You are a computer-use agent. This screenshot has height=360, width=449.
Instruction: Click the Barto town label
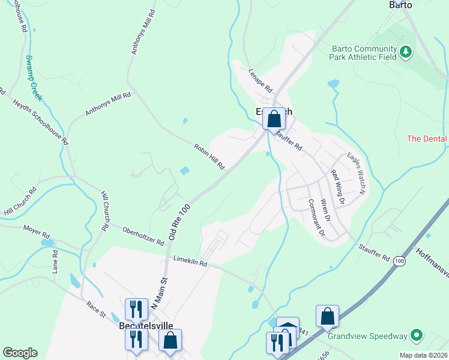coord(400,4)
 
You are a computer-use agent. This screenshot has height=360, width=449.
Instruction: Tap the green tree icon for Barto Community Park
coord(406,53)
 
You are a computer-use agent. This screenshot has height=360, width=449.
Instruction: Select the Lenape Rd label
coord(261,78)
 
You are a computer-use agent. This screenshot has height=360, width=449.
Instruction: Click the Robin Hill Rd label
coord(209,156)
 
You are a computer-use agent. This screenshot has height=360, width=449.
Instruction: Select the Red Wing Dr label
coord(337,187)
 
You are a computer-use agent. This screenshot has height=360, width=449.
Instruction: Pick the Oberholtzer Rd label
coord(143,236)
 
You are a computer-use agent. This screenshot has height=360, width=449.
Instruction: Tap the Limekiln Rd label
coord(190,262)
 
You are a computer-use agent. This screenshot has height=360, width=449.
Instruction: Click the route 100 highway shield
coord(399,262)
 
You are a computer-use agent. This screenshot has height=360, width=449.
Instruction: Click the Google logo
coord(19,353)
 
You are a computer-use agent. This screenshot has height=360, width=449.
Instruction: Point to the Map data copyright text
coord(423,355)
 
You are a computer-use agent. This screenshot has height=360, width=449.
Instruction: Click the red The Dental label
coord(427,139)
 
